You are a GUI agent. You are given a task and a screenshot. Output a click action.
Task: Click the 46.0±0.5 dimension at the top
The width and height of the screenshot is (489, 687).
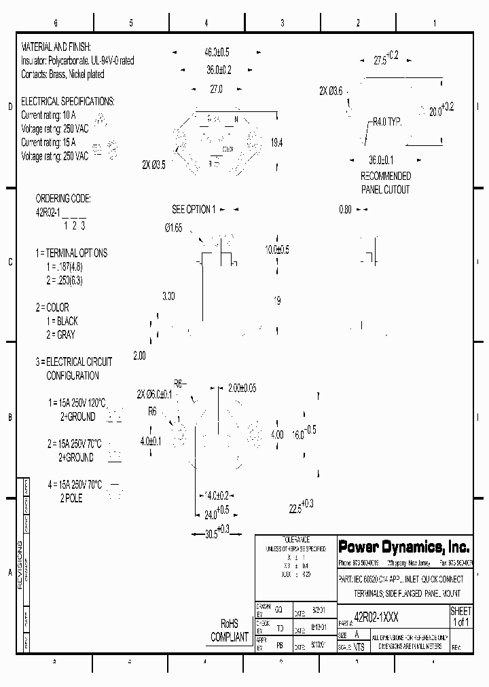(217, 52)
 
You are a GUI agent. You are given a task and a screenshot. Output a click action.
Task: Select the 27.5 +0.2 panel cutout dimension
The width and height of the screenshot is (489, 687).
(386, 58)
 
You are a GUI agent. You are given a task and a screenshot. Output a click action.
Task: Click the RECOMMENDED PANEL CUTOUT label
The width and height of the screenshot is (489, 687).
(385, 183)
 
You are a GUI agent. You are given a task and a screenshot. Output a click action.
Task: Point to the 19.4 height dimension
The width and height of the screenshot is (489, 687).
(276, 143)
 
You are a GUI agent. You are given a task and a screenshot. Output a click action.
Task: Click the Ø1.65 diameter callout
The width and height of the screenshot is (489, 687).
(173, 228)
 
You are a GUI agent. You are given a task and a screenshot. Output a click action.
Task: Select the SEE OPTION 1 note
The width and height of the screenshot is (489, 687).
(194, 210)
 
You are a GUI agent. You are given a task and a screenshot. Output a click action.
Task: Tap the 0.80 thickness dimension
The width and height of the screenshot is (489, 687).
(345, 210)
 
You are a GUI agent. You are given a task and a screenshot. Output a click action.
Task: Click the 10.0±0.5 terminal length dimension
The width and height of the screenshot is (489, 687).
(277, 250)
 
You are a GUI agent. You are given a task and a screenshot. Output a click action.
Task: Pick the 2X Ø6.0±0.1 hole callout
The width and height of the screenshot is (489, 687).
(155, 394)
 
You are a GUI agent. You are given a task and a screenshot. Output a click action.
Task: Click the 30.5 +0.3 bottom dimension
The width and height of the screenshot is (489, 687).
(217, 533)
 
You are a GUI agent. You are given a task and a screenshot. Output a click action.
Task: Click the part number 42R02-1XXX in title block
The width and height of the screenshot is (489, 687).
(377, 619)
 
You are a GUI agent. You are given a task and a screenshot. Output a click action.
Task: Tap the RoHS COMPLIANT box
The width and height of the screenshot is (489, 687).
(230, 631)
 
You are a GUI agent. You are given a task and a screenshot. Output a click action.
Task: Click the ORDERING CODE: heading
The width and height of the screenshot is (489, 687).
(63, 199)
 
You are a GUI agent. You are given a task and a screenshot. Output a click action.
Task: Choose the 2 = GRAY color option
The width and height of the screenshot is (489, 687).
(61, 335)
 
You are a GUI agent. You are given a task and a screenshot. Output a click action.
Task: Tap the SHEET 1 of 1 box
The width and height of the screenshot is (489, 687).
(460, 616)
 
